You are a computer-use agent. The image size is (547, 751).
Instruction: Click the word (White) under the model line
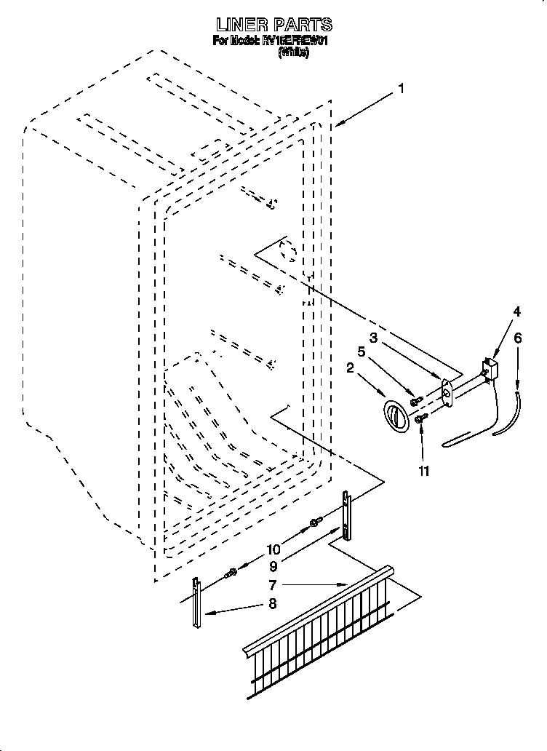point(294,53)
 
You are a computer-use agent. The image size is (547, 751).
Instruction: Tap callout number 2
point(350,368)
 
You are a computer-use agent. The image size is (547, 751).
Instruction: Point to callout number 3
point(372,338)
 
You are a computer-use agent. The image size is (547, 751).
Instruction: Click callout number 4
point(516,312)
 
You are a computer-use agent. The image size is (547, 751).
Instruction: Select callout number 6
point(518,338)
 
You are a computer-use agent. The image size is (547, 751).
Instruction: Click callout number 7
point(272,584)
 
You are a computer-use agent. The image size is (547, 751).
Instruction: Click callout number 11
point(423,471)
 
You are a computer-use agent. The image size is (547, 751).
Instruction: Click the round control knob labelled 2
point(396,417)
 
